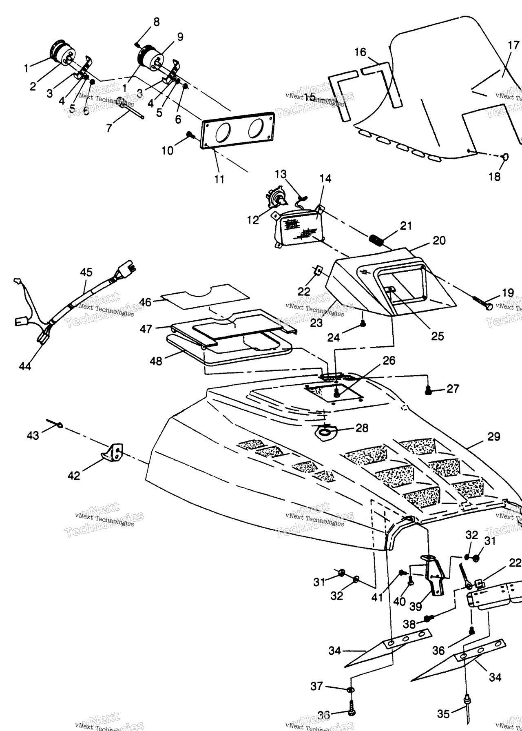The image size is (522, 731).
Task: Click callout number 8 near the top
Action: point(157,22)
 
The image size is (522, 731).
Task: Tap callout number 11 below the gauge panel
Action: point(219,179)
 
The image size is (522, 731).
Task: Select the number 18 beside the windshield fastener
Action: point(494,177)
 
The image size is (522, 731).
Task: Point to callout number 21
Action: point(406,226)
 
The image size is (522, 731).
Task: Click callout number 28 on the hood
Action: point(362,428)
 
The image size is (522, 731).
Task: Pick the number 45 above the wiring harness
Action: point(86,272)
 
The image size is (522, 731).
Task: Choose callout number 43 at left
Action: point(33,436)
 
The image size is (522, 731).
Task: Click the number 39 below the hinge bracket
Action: point(416,606)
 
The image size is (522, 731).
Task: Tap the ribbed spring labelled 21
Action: point(377,239)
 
